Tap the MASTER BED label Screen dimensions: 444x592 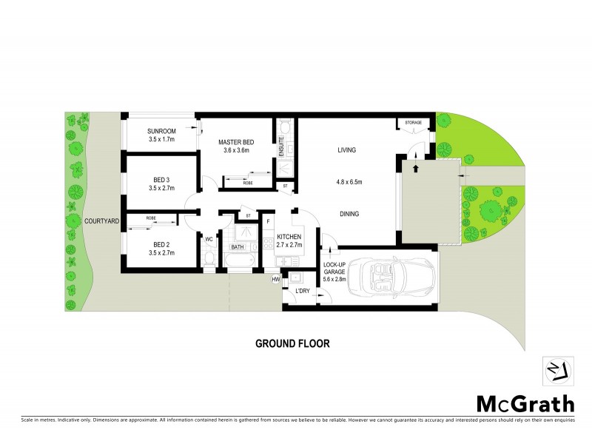pos(236,141)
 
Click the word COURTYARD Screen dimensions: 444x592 pos(102,221)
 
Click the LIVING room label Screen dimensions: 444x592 pos(347,150)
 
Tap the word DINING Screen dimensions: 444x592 pos(349,214)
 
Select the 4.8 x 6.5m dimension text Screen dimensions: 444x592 pos(349,182)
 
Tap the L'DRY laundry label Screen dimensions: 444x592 pos(302,290)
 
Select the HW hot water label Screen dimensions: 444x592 pos(275,279)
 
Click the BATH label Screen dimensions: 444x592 pos(238,247)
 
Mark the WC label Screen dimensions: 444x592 pos(209,239)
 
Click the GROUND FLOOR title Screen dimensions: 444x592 pos(292,343)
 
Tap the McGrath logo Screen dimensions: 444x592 pos(525,403)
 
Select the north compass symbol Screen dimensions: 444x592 pos(554,370)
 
